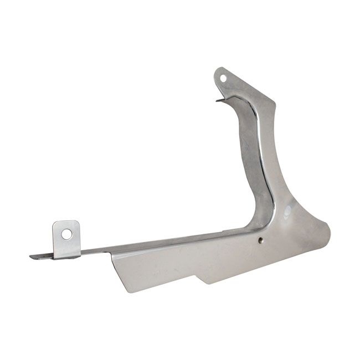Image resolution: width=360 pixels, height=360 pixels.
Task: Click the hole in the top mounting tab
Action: pyautogui.click(x=224, y=78)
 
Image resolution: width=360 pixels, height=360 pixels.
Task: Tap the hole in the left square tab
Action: pyautogui.click(x=66, y=234)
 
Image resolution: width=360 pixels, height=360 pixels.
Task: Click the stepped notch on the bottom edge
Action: pyautogui.click(x=202, y=276)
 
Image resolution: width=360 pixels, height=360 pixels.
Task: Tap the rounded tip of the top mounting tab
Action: pyautogui.click(x=219, y=70)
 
